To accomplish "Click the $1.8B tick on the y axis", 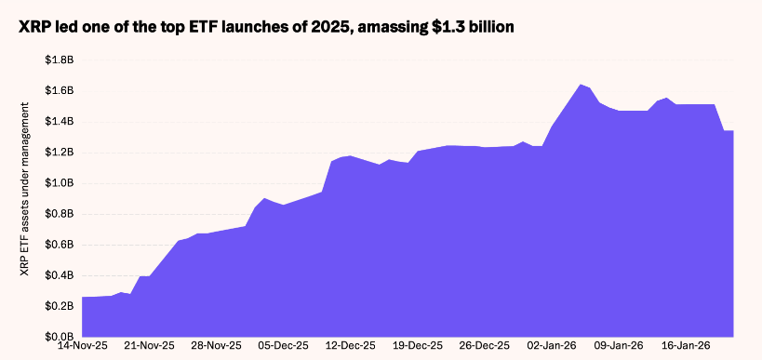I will point(59,60).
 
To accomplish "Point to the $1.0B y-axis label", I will point(59,182).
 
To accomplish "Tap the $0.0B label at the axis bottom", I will point(59,336).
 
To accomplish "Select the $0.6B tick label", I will point(59,245).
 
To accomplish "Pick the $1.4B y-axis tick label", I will point(59,121).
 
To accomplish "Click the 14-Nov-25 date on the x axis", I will point(82,346).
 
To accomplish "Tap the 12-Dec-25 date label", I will point(350,346).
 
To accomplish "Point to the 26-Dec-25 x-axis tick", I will point(485,346).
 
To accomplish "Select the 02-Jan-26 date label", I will point(552,346).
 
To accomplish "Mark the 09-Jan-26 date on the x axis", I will point(619,346).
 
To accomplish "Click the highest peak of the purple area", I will point(581,85).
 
